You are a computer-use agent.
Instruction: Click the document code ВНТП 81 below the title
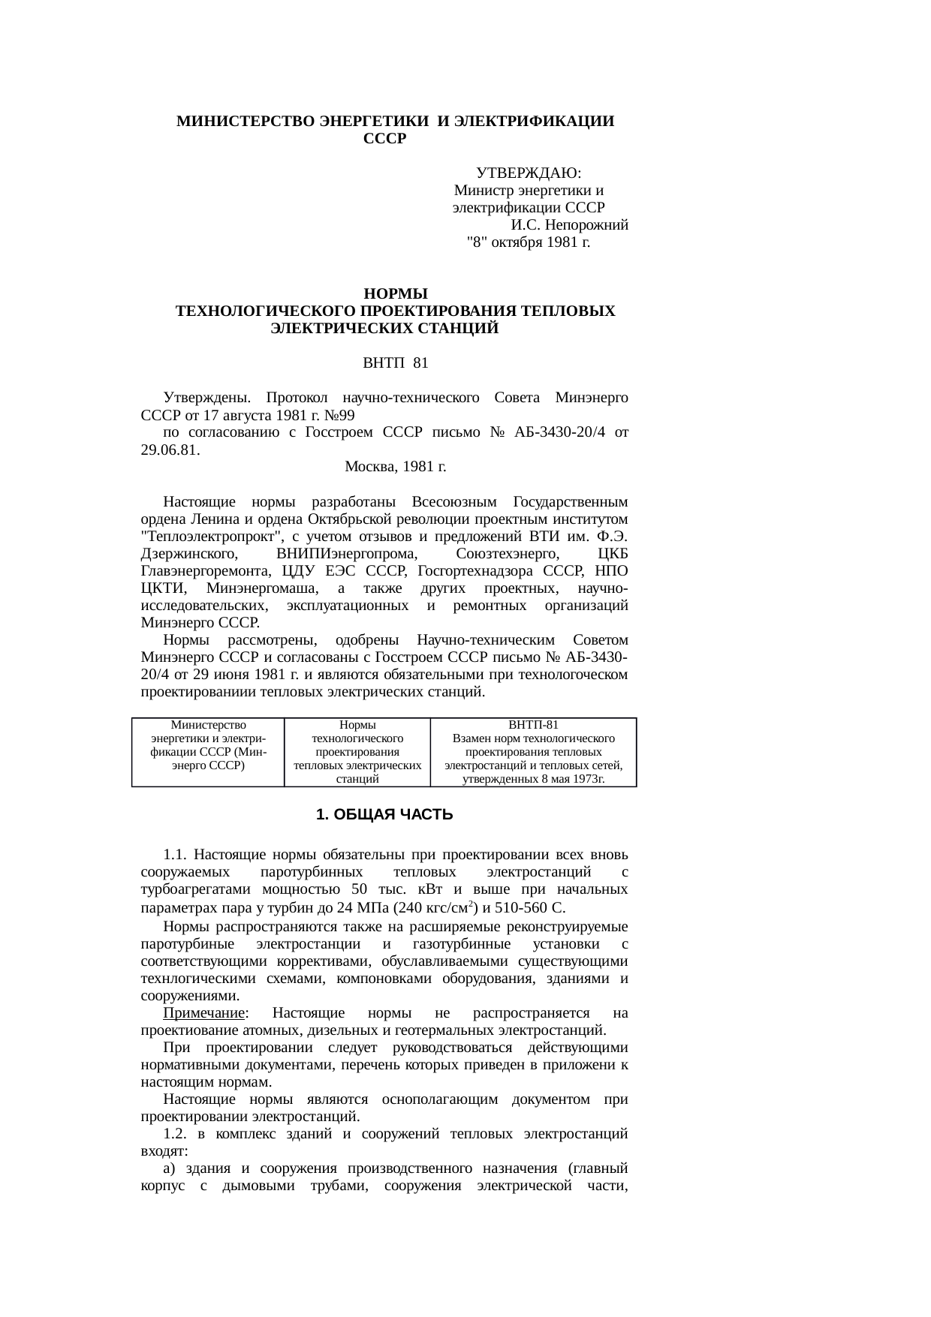pyautogui.click(x=395, y=364)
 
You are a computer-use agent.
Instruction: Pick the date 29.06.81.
pyautogui.click(x=170, y=450)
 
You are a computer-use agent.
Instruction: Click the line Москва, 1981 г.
pyautogui.click(x=395, y=467)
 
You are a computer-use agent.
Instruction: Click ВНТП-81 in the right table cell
pyautogui.click(x=533, y=725)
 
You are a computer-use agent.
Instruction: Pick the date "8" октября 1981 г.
pyautogui.click(x=528, y=242)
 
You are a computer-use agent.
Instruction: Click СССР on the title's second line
pyautogui.click(x=384, y=139)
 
